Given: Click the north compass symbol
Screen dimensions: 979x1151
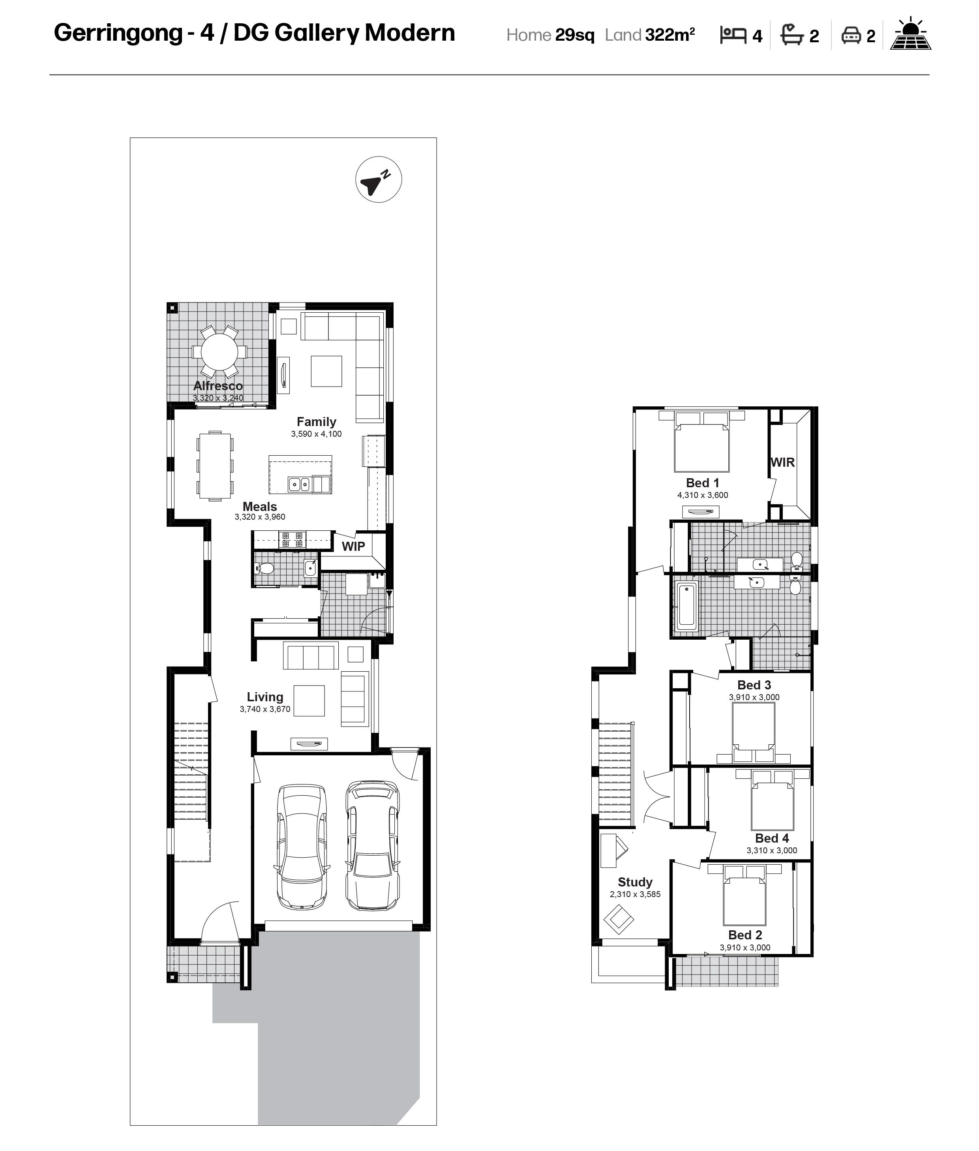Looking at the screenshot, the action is (379, 179).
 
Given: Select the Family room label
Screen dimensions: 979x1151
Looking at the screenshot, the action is (316, 422).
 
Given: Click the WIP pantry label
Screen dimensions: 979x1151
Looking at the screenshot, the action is (354, 546).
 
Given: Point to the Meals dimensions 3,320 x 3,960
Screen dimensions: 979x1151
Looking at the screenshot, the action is (260, 517).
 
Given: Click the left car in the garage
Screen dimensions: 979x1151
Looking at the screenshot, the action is (301, 847).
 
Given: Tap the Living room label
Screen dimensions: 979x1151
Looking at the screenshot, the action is (265, 697).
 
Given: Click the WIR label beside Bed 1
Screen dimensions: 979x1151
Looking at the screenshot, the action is (782, 462).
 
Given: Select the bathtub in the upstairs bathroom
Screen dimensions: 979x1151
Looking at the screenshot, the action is (687, 607).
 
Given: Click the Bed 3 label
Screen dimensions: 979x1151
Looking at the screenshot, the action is (754, 685).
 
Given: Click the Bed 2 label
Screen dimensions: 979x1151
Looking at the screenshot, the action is (745, 935).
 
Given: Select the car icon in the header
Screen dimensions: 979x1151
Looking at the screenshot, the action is (851, 36).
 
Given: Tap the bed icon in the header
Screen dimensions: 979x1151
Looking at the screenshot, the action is (733, 35).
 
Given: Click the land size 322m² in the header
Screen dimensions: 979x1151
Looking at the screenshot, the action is (670, 34).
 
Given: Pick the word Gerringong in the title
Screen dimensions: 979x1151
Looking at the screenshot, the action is (118, 33).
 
